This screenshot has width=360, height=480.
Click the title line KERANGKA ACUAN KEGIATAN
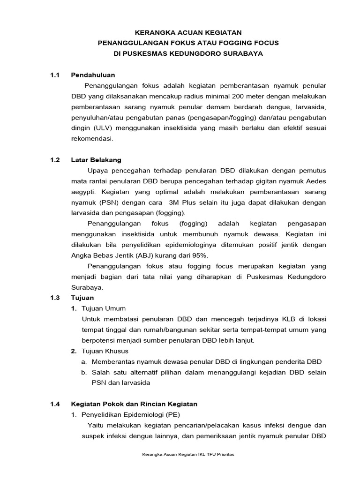tap(188, 32)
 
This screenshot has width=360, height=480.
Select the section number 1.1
tap(56, 75)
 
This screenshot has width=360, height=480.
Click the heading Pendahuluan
tap(93, 75)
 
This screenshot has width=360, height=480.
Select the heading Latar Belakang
tap(96, 160)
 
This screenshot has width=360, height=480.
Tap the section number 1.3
tap(56, 298)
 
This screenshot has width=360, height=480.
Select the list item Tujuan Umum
tap(104, 308)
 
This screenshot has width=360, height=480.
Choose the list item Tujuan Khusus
tap(105, 351)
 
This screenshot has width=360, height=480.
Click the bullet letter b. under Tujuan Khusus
tap(84, 372)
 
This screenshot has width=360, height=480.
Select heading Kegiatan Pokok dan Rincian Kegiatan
tap(134, 404)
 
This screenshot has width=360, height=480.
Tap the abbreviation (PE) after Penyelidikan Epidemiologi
tap(172, 414)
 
